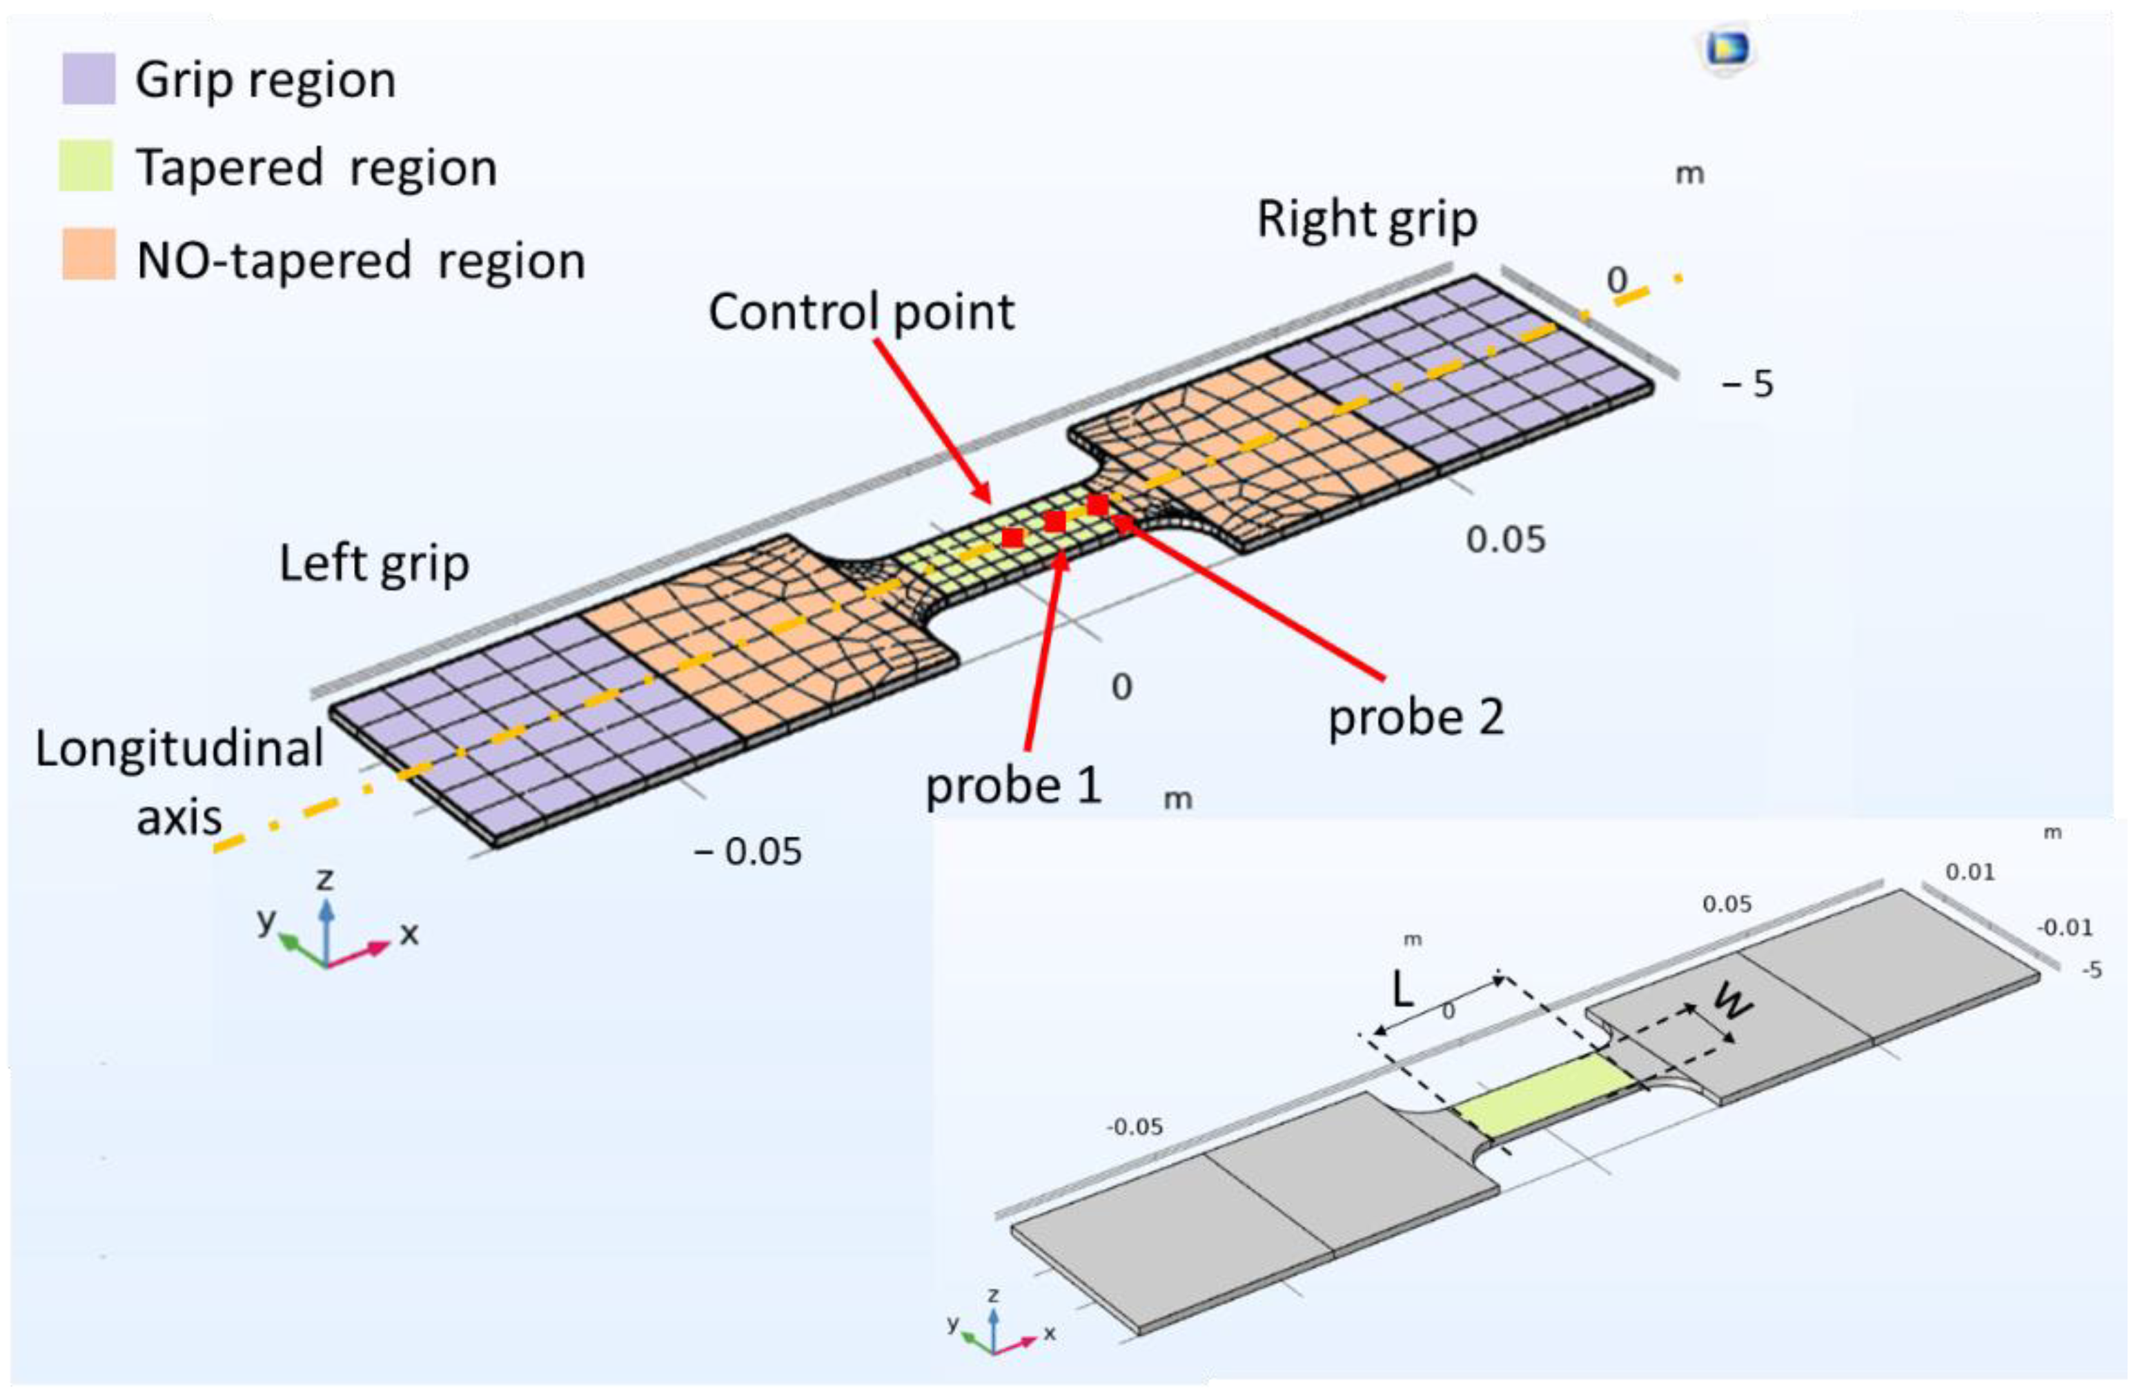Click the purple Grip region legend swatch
[88, 79]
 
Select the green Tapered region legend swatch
[86, 166]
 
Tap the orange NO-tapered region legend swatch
[88, 255]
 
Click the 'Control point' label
[861, 313]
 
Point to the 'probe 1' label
[1012, 786]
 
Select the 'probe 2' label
[1415, 718]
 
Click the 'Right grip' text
[1366, 219]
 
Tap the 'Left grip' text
[374, 564]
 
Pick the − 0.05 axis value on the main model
[748, 851]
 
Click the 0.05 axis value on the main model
[1505, 540]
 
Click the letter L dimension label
[1403, 992]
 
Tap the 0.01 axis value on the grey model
[1969, 872]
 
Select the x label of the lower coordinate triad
[1050, 1332]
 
